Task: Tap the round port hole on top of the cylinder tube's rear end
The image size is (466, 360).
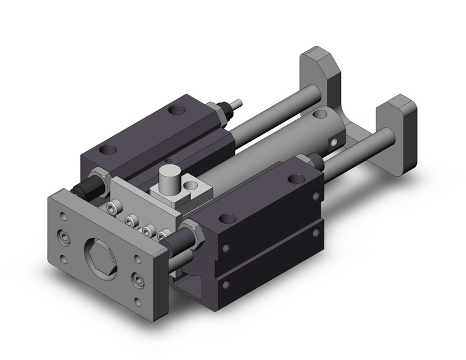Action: coord(318,114)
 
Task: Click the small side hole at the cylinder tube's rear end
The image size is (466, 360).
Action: coord(333,144)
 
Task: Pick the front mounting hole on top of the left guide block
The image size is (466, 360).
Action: coord(110,149)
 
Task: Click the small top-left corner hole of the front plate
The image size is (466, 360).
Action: coord(64,215)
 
